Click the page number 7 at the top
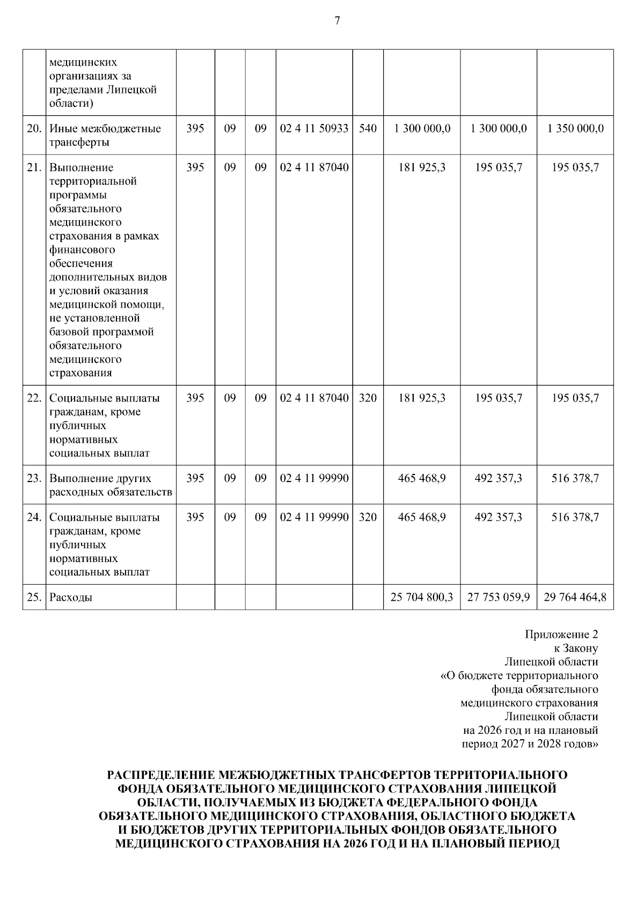[337, 21]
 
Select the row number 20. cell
[34, 129]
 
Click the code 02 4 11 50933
[314, 129]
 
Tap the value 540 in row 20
[368, 129]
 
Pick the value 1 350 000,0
[575, 129]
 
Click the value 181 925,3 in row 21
[422, 167]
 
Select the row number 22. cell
[34, 398]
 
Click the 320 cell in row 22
[368, 398]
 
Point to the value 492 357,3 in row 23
[499, 478]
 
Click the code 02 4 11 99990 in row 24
[314, 518]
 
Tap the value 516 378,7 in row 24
[575, 518]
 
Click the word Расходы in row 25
[71, 597]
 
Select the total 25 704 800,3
[422, 597]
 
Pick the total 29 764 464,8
[575, 597]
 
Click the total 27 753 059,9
[499, 597]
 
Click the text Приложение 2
[561, 635]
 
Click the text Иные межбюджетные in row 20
[105, 129]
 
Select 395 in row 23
[195, 478]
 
